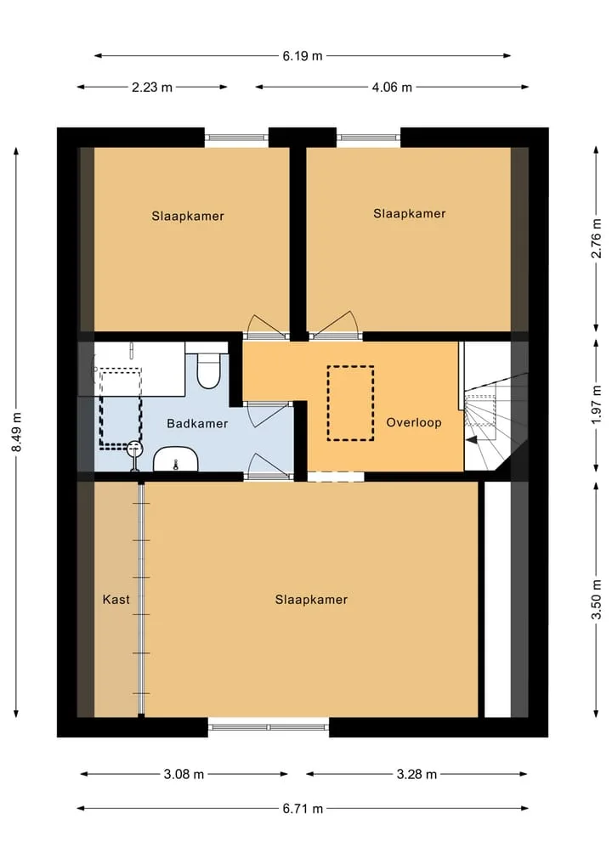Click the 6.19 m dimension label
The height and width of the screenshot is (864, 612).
pos(302,56)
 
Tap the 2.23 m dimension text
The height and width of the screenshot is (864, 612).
pos(151,87)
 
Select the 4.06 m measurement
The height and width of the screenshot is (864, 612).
pos(392,87)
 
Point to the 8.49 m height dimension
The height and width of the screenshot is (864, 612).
pos(16,432)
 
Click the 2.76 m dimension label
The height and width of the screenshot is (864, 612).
pos(596,238)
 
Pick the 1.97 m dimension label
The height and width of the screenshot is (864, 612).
pos(596,405)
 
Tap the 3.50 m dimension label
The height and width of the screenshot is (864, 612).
pos(596,600)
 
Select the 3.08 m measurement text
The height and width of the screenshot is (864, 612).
pos(184,774)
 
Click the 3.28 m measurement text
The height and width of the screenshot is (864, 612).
pos(416,774)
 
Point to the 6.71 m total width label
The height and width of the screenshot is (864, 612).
pos(302,808)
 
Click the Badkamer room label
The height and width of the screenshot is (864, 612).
pos(197,423)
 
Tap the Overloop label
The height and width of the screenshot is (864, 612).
pos(413,422)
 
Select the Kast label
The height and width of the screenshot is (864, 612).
pos(116,599)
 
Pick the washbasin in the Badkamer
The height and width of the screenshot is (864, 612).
pos(175,460)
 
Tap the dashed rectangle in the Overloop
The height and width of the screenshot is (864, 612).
pos(351,404)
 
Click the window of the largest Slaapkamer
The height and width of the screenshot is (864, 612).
pos(269,726)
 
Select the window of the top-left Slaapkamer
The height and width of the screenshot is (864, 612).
pos(236,138)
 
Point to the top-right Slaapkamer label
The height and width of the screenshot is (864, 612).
pos(409,213)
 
